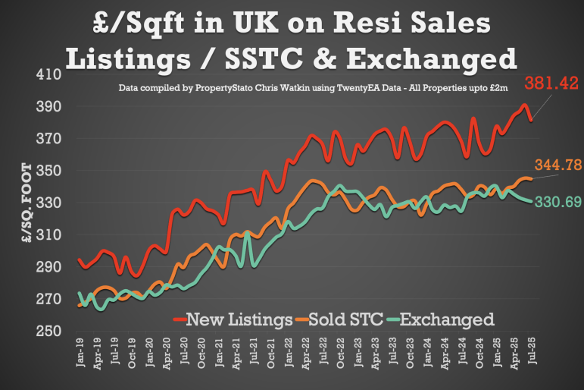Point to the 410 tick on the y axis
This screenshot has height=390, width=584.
pos(48,75)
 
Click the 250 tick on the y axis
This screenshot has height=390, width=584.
pos(48,331)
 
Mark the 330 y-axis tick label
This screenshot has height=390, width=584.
pos(48,203)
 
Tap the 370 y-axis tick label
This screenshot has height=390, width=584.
pos(48,139)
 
